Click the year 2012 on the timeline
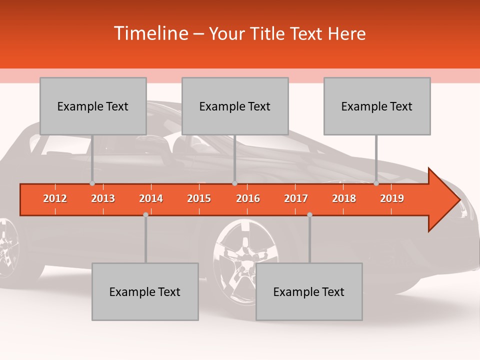pos(55,198)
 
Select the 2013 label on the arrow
pos(103,198)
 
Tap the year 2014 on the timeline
pos(151,198)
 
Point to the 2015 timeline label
pos(199,198)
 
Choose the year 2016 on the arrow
pos(248,198)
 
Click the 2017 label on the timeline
pos(296,198)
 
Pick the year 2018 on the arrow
pos(344,198)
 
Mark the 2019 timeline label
pos(392,198)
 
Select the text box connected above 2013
pos(93,106)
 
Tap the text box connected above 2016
pos(235,106)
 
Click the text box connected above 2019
pos(377,106)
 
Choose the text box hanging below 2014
pos(145,291)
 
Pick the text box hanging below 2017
pos(309,291)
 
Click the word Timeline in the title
pos(150,33)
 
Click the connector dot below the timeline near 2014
pos(145,214)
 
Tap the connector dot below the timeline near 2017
pos(309,214)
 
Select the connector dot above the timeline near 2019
pos(376,183)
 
